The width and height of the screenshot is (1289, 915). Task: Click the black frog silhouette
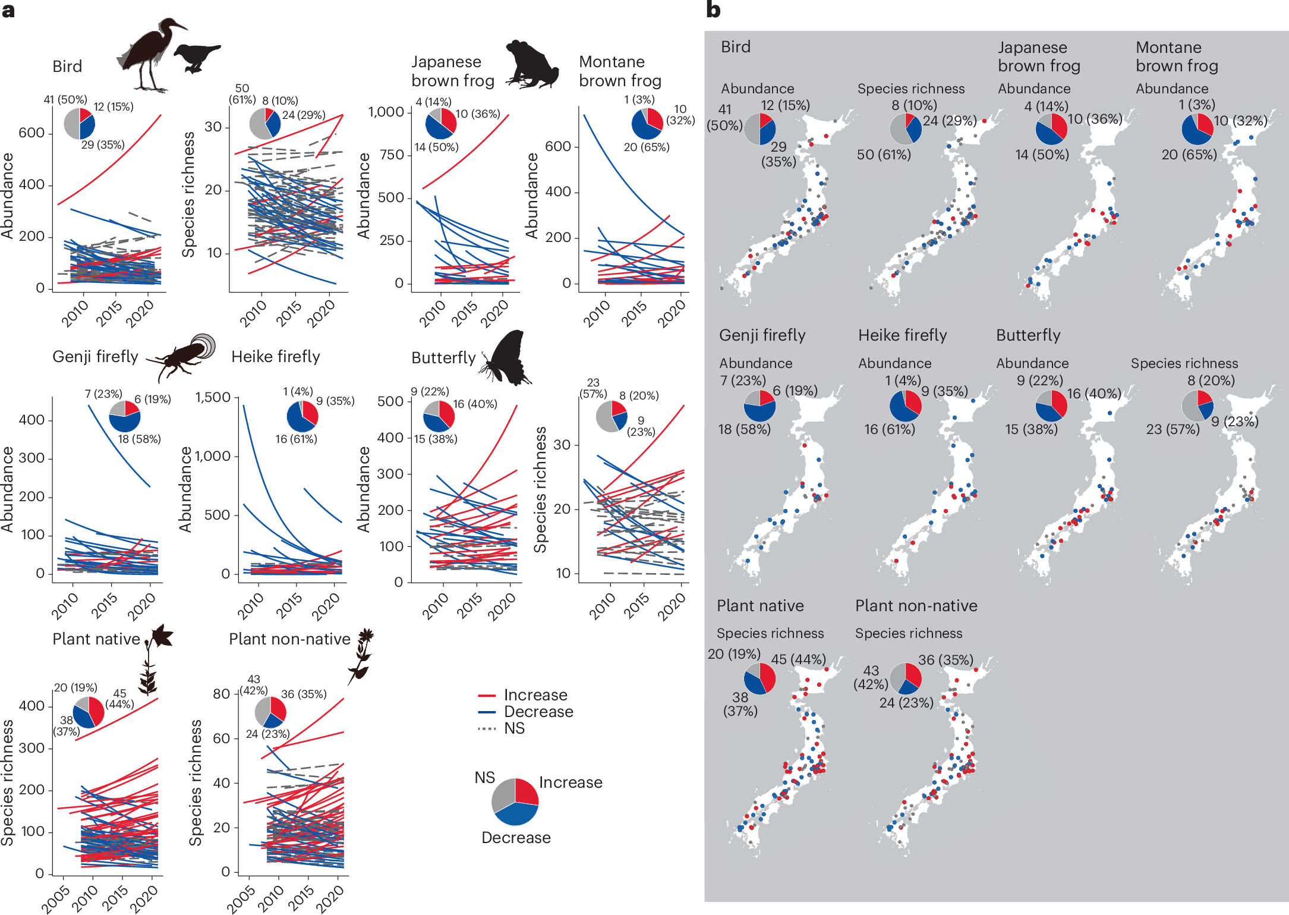[532, 65]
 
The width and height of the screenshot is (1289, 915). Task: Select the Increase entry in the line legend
[535, 695]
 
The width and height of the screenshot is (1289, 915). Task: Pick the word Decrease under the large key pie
[516, 838]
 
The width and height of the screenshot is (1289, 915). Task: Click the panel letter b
[713, 10]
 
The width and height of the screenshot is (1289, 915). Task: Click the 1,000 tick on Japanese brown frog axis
[386, 112]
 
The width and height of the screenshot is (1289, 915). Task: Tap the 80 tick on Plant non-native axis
[221, 694]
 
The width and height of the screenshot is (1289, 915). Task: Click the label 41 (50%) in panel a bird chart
[65, 99]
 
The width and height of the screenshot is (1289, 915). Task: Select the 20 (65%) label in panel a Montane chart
[647, 147]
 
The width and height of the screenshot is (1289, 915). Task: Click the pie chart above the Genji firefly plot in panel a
[125, 416]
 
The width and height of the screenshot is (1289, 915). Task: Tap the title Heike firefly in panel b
[902, 335]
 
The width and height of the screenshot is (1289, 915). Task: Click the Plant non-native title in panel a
[289, 639]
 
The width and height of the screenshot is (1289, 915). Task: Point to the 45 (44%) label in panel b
[798, 659]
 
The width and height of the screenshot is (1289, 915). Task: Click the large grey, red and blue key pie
[515, 802]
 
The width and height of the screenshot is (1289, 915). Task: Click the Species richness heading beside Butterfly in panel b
[1184, 363]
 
